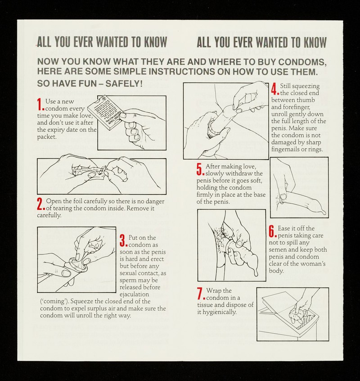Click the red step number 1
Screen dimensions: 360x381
40,104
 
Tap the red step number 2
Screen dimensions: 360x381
41,204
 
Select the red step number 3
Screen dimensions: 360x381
124,240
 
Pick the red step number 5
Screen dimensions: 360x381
201,169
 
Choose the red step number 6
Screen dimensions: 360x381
273,231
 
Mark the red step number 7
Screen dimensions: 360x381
201,294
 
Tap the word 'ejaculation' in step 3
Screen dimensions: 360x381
134,294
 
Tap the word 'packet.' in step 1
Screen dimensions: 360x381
47,137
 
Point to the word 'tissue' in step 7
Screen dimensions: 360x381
205,305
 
